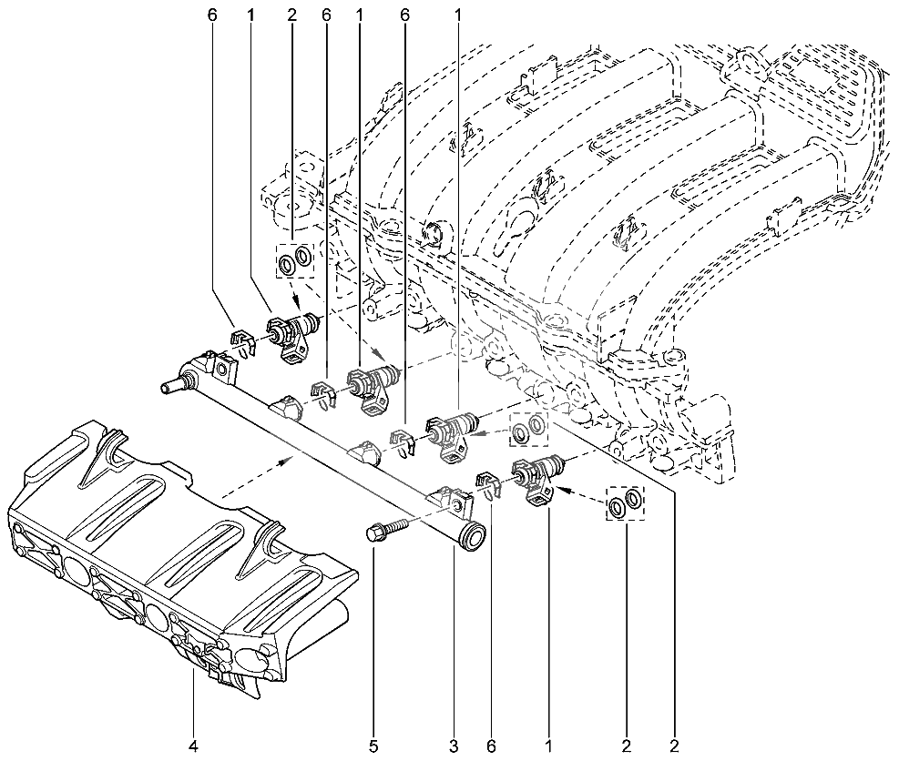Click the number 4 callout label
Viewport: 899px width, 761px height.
pos(193,746)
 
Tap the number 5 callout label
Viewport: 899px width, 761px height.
pos(373,746)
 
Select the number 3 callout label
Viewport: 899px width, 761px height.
pos(455,746)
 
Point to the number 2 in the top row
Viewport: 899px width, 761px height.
pos(292,15)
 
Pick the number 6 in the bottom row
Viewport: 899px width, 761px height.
pos(491,746)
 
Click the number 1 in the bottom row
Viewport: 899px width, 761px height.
pos(548,746)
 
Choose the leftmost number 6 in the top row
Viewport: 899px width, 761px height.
pos(213,15)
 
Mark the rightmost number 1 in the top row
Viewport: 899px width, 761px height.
pos(457,15)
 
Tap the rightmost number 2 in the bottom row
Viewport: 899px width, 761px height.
pos(674,746)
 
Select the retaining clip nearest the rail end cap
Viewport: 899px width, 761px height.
pos(489,485)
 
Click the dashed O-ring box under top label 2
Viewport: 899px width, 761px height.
pos(295,260)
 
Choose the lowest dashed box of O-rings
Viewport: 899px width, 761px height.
pos(626,503)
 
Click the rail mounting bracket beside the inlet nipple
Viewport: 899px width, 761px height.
pos(222,369)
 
